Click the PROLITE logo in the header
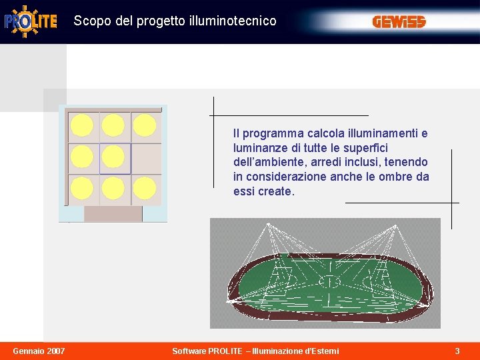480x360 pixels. (x=31, y=21)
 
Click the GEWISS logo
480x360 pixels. (x=399, y=22)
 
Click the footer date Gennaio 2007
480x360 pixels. (x=39, y=351)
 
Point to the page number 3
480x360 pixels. (x=457, y=351)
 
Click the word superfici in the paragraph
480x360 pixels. (x=365, y=148)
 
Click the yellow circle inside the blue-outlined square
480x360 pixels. (x=113, y=157)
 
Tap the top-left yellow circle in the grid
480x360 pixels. (x=82, y=125)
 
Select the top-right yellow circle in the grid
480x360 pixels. (x=145, y=125)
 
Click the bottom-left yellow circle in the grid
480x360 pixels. (x=82, y=189)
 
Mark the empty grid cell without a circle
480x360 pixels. (x=146, y=158)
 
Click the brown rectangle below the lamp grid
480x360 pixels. (x=113, y=214)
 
